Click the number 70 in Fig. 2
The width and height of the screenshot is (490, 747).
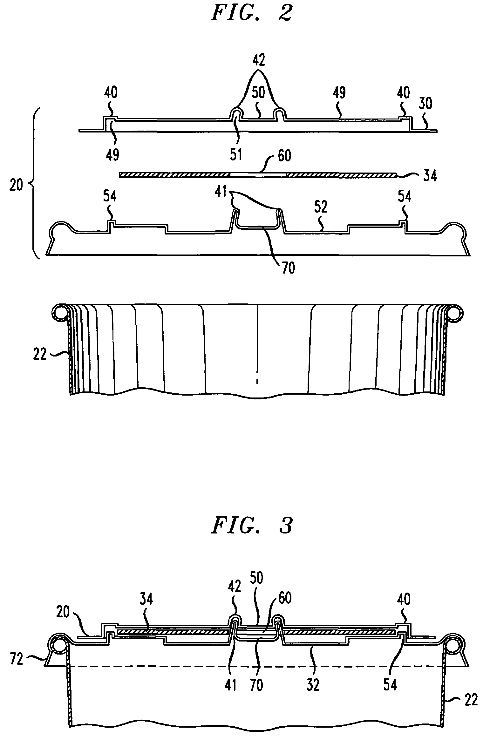[287, 268]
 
